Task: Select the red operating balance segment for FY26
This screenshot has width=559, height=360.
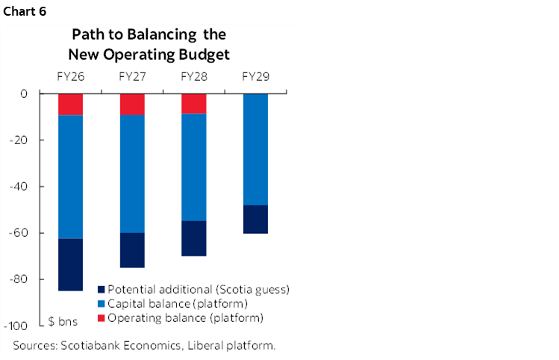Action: pyautogui.click(x=70, y=104)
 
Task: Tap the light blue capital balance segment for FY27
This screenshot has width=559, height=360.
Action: pyautogui.click(x=132, y=173)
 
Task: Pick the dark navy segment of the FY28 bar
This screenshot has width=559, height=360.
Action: pyautogui.click(x=193, y=238)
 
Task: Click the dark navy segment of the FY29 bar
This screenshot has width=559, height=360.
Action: pyautogui.click(x=255, y=219)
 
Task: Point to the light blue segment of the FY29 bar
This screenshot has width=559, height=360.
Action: pyautogui.click(x=255, y=149)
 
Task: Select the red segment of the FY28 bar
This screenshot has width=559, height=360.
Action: pyautogui.click(x=193, y=103)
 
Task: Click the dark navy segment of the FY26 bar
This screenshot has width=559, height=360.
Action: pyautogui.click(x=70, y=264)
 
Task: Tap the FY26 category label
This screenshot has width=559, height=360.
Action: pyautogui.click(x=70, y=77)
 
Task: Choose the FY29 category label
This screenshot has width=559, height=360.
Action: pyautogui.click(x=255, y=77)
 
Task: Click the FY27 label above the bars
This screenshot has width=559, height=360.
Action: pyautogui.click(x=132, y=77)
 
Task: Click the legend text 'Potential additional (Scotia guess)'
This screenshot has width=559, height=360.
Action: pyautogui.click(x=198, y=289)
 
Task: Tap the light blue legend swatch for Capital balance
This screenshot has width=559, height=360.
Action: pyautogui.click(x=102, y=303)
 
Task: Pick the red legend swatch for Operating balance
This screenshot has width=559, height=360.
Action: pyautogui.click(x=102, y=317)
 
